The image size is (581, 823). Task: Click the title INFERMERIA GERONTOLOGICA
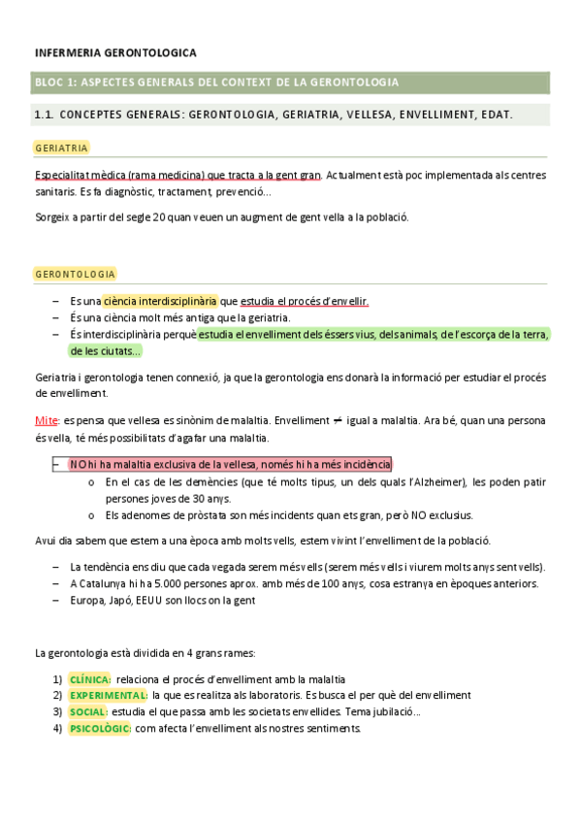point(115,52)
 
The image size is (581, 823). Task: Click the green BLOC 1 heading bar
point(291,82)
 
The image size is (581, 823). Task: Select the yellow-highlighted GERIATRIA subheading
point(61,148)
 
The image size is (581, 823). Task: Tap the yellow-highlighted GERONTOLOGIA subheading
point(75,275)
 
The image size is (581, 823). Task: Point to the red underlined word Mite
point(47,421)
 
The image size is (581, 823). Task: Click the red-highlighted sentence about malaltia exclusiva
point(230,464)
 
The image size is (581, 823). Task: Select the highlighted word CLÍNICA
point(90,679)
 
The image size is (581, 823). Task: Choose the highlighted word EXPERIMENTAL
point(108,696)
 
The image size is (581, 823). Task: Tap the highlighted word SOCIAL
point(87,712)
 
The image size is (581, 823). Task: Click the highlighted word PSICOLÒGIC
point(100,729)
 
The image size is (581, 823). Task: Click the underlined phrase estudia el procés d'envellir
point(305,301)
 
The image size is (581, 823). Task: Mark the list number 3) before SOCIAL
point(58,712)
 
